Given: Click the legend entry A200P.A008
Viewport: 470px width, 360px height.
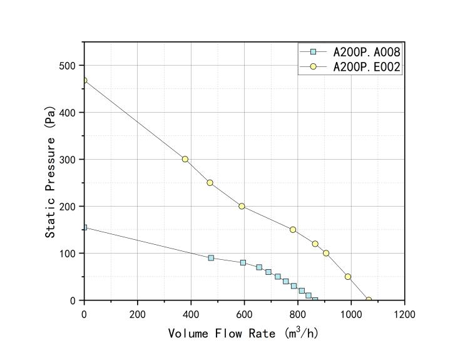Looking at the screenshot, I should click(x=366, y=51).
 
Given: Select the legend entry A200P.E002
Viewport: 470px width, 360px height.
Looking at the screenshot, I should click(x=366, y=66).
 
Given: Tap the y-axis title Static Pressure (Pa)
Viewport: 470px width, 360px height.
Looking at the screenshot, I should click(x=51, y=171).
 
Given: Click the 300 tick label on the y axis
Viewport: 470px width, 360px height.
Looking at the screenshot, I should click(x=67, y=160).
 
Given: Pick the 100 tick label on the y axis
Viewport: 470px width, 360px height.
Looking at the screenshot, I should click(x=67, y=254).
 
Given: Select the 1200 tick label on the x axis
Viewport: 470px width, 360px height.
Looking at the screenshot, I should click(x=404, y=314).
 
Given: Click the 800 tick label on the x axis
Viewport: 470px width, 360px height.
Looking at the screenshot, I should click(x=298, y=314).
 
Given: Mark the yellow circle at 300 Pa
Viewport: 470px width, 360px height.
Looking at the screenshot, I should click(x=185, y=159).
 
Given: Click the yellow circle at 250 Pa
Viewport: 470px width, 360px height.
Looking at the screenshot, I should click(x=210, y=183).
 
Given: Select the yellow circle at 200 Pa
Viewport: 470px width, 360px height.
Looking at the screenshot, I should click(x=242, y=206).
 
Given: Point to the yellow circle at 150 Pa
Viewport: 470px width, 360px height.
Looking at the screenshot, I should click(x=293, y=230).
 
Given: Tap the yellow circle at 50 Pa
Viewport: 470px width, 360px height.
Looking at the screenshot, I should click(x=348, y=277).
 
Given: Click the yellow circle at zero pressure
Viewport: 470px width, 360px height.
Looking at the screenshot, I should click(x=369, y=301).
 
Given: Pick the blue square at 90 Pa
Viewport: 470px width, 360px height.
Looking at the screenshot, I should click(x=211, y=258).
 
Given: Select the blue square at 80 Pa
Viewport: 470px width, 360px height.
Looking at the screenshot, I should click(x=243, y=262).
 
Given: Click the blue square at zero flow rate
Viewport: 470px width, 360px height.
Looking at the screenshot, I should click(x=84, y=227).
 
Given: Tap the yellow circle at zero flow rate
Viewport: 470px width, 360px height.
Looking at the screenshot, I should click(x=84, y=81).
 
